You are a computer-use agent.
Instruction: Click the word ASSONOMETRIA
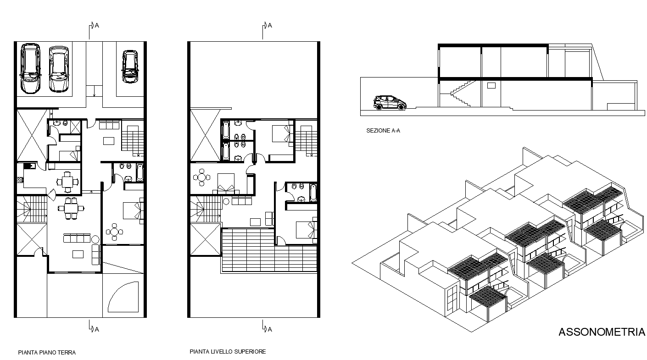coord(602,332)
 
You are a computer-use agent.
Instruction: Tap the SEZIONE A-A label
coord(383,131)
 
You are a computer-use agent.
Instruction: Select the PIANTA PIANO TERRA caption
coord(47,353)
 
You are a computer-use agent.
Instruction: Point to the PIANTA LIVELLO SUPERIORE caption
coord(228,352)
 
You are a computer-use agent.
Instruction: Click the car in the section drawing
coord(390,103)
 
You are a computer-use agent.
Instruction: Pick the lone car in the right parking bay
coord(130,66)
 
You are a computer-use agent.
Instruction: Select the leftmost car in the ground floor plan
coord(30,68)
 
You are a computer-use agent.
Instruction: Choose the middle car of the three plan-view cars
coord(58,69)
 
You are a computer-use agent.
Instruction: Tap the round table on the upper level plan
coord(202,177)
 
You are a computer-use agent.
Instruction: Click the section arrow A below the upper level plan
coord(266,328)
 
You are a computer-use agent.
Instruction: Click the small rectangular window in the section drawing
coord(491,85)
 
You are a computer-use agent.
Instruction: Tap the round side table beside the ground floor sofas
coord(95,239)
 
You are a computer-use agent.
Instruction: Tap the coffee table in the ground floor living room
coord(78,254)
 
